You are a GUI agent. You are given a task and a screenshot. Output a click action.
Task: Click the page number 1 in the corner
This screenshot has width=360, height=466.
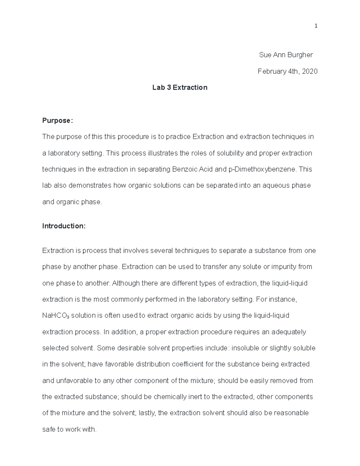[316, 26]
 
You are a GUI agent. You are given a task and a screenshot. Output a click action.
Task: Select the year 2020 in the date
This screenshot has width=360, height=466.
[310, 71]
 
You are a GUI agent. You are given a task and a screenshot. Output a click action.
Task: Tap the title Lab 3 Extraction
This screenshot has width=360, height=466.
[180, 88]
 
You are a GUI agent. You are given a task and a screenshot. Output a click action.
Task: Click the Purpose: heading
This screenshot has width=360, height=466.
[57, 121]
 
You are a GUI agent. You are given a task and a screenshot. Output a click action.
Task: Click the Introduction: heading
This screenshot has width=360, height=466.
[64, 226]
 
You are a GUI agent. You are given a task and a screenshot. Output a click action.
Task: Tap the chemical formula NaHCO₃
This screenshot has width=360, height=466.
[56, 316]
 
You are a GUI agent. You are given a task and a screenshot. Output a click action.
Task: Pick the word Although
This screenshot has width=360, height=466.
[126, 283]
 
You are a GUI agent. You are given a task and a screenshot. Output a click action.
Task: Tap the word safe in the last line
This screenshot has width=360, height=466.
[49, 429]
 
